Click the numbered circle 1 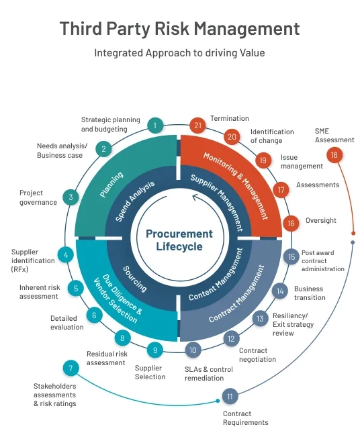tap(155, 125)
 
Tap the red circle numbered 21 tap(197, 126)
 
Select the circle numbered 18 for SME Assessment tap(334, 155)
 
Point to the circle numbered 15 tap(291, 256)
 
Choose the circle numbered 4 tap(65, 255)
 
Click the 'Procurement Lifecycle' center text tap(179, 240)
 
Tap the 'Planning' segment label tap(111, 185)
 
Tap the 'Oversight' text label tap(320, 220)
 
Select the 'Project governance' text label tap(38, 197)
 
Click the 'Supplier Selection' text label tap(150, 372)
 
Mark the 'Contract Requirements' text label tap(245, 417)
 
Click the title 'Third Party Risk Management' tap(179, 29)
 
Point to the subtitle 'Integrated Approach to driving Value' tap(179, 52)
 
